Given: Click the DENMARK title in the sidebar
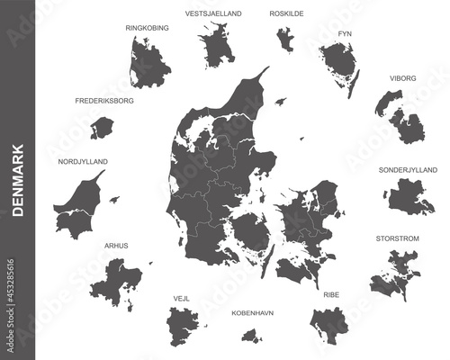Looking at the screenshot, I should pyautogui.click(x=17, y=181).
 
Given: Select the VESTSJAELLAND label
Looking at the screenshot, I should pyautogui.click(x=212, y=14).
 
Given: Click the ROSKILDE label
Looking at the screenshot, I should pyautogui.click(x=287, y=14).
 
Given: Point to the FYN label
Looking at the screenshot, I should pyautogui.click(x=344, y=33).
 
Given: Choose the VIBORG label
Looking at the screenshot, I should pyautogui.click(x=402, y=78).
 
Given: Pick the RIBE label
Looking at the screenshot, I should pyautogui.click(x=331, y=294).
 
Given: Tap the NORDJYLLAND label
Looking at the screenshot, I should pyautogui.click(x=82, y=161).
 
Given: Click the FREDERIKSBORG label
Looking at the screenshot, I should pyautogui.click(x=104, y=101).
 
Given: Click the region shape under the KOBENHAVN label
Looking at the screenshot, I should pyautogui.click(x=252, y=335).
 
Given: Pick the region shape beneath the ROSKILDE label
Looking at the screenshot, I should pyautogui.click(x=286, y=40).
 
